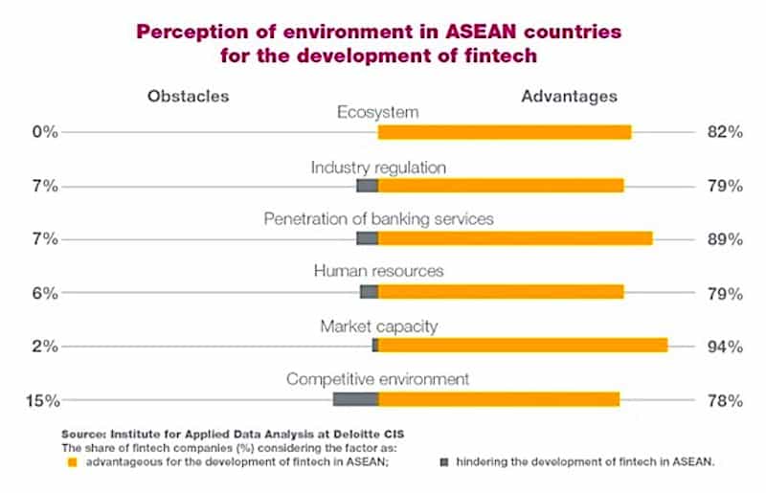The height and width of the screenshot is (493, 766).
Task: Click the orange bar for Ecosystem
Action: (x=505, y=132)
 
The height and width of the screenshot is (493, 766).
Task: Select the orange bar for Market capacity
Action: (x=523, y=345)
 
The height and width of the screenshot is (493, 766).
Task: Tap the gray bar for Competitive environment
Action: (x=355, y=398)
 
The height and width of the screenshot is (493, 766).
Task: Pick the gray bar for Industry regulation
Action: (x=367, y=186)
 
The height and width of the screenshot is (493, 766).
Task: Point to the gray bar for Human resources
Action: (x=369, y=292)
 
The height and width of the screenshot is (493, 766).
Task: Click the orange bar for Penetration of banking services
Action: (x=515, y=238)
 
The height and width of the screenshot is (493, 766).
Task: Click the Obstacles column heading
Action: (x=188, y=96)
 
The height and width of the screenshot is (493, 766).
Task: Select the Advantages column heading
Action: (x=569, y=96)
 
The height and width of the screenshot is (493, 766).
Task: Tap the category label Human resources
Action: (x=379, y=272)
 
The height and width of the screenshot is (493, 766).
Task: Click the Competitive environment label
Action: (x=378, y=379)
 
